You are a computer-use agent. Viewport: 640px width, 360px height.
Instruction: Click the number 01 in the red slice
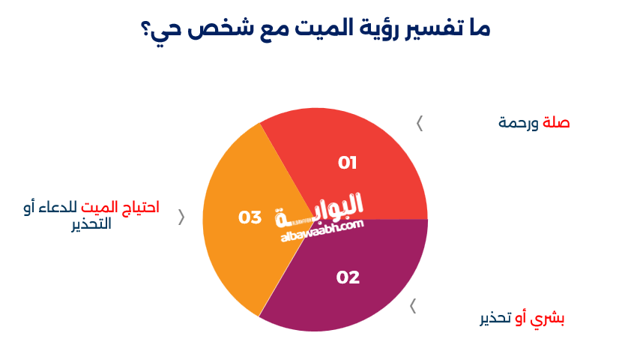(x=347, y=163)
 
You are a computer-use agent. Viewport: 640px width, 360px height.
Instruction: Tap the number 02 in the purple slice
(x=348, y=277)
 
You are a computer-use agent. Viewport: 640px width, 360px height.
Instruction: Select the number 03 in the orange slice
(x=250, y=217)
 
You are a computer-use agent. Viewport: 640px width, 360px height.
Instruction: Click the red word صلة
(x=556, y=122)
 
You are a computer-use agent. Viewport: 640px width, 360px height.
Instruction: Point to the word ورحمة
(x=519, y=123)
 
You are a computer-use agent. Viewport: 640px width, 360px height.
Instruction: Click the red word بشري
(x=547, y=318)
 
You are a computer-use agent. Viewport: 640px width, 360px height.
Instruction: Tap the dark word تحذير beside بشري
(x=495, y=318)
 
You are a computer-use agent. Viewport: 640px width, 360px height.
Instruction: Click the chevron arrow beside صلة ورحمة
(x=419, y=124)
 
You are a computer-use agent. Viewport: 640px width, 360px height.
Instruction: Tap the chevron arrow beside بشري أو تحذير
(x=413, y=306)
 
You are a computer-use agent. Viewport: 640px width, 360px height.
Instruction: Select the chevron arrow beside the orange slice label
(x=181, y=217)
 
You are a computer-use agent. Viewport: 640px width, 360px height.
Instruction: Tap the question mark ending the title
(x=145, y=30)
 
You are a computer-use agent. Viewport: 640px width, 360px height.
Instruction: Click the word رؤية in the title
(x=379, y=28)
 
